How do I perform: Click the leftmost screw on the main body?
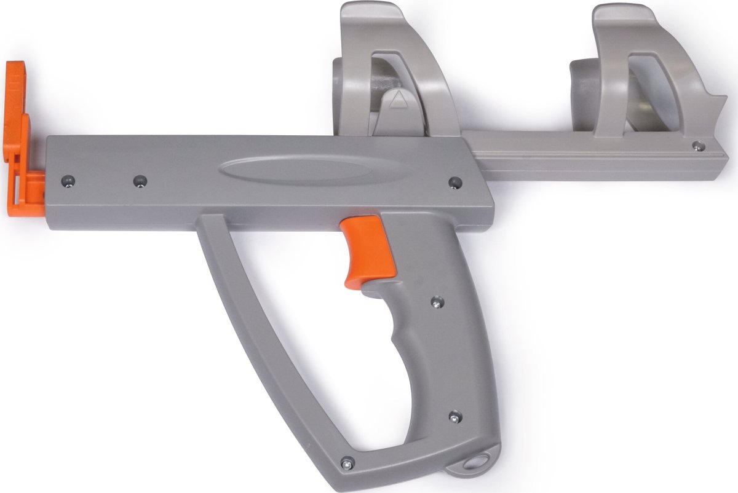point(68,180)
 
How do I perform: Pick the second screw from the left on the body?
point(140,181)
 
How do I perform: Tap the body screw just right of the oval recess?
point(454,183)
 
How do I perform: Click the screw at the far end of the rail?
point(696,146)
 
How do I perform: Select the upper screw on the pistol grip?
point(437,301)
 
